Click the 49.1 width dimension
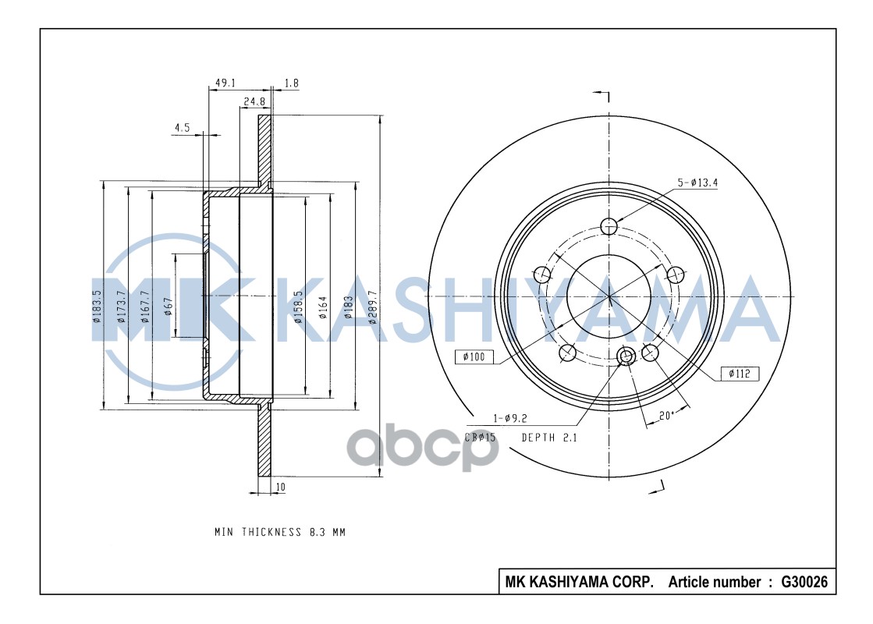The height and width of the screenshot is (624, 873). [x=225, y=83]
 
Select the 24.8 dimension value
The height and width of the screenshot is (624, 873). [x=254, y=101]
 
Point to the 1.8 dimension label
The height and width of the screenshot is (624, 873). [x=292, y=83]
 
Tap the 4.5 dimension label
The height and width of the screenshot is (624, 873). [x=182, y=128]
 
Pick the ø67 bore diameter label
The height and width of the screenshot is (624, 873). [x=168, y=307]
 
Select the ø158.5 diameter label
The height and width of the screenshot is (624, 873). [x=298, y=307]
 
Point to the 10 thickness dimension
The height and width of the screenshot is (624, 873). [x=280, y=488]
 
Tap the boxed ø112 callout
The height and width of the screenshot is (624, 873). [x=739, y=374]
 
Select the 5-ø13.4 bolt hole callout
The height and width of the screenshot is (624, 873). [x=697, y=184]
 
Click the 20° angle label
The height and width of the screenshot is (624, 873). [x=665, y=416]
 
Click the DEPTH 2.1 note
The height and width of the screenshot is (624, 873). [x=548, y=438]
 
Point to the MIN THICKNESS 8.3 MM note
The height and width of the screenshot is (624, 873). [x=279, y=532]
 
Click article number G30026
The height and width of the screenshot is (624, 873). [x=804, y=582]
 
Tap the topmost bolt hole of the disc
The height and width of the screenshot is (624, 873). [x=609, y=226]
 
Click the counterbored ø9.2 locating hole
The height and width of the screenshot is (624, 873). [x=625, y=357]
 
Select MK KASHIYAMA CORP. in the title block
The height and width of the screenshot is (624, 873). [x=579, y=582]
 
